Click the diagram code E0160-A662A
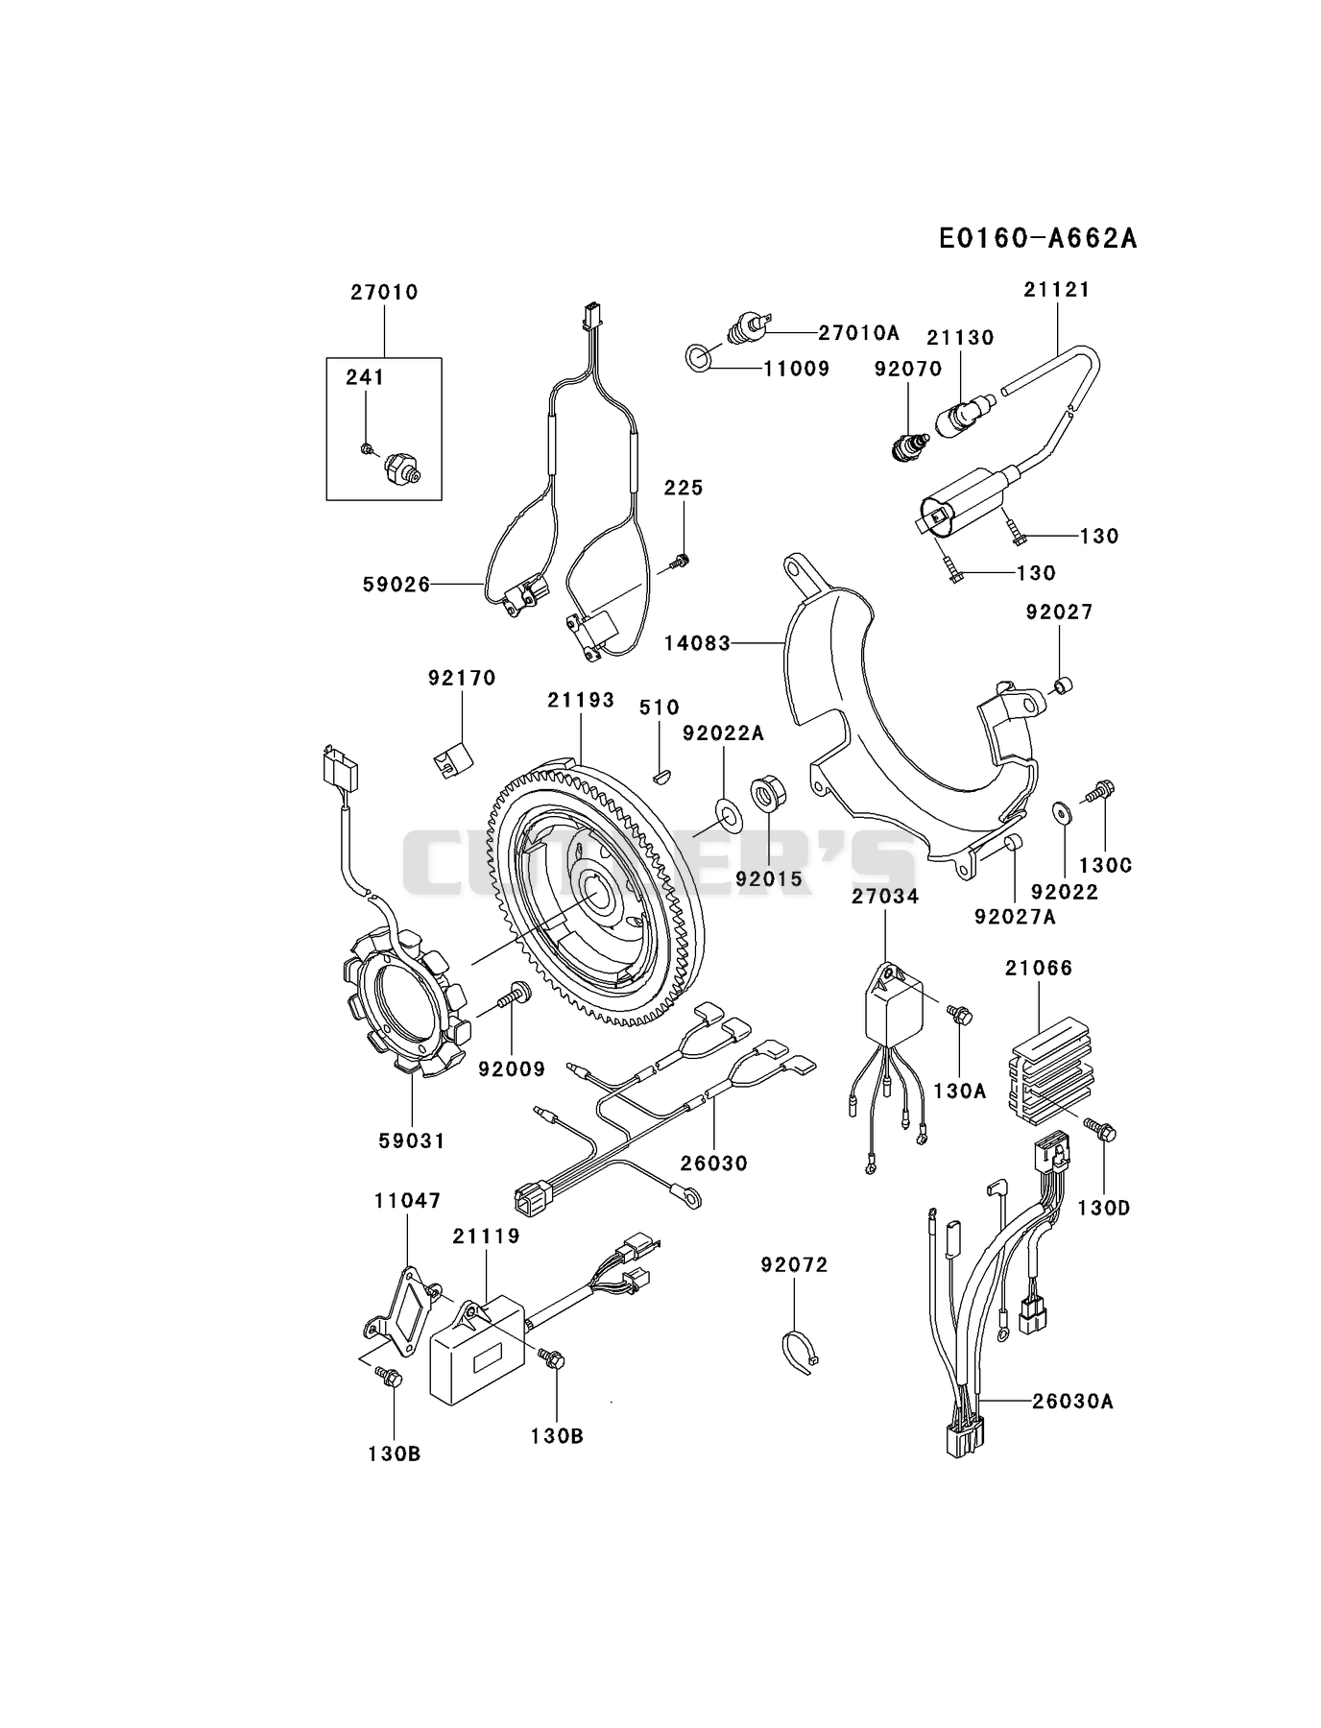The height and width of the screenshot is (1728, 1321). coord(1038,238)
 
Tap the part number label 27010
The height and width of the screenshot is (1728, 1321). coord(384,292)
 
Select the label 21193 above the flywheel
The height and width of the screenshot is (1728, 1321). coord(581,700)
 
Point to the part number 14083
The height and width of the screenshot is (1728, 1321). coord(697,643)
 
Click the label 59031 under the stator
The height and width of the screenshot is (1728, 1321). coord(412,1140)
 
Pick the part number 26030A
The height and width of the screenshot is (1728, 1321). coord(1073,1401)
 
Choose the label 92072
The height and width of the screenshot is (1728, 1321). coord(794,1265)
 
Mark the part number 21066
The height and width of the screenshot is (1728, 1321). coord(1039,968)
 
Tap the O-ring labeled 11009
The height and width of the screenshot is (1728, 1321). coord(699,358)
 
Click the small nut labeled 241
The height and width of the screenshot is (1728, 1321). coord(367,448)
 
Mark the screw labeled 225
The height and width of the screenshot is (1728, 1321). coord(681,561)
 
